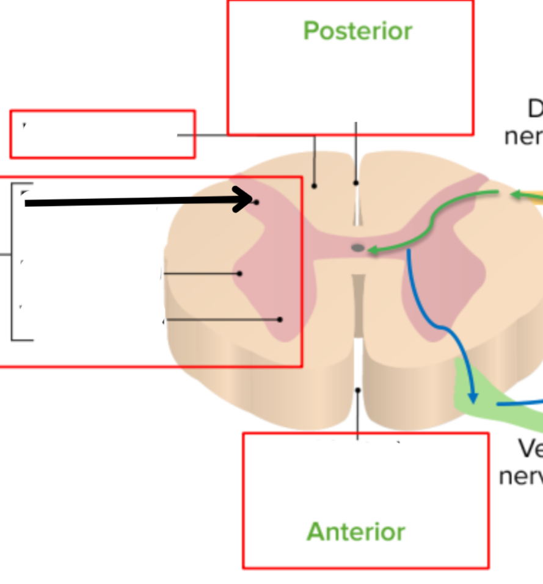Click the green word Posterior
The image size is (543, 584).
pyautogui.click(x=357, y=31)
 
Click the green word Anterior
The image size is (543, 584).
pyautogui.click(x=355, y=532)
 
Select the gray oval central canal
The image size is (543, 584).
pyautogui.click(x=357, y=248)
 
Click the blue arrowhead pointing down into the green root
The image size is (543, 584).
pyautogui.click(x=472, y=397)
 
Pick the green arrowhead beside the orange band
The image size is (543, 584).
pyautogui.click(x=514, y=194)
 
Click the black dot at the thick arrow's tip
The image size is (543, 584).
pyautogui.click(x=256, y=201)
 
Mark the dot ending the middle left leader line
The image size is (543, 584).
pyautogui.click(x=239, y=274)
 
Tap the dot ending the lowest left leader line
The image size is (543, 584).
pyautogui.click(x=280, y=319)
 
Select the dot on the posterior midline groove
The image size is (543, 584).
pyautogui.click(x=356, y=182)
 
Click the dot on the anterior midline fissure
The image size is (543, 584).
pyautogui.click(x=358, y=390)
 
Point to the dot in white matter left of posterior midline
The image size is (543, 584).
pyautogui.click(x=315, y=186)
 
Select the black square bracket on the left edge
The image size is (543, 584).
pyautogui.click(x=13, y=261)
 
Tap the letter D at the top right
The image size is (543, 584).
pyautogui.click(x=535, y=109)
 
